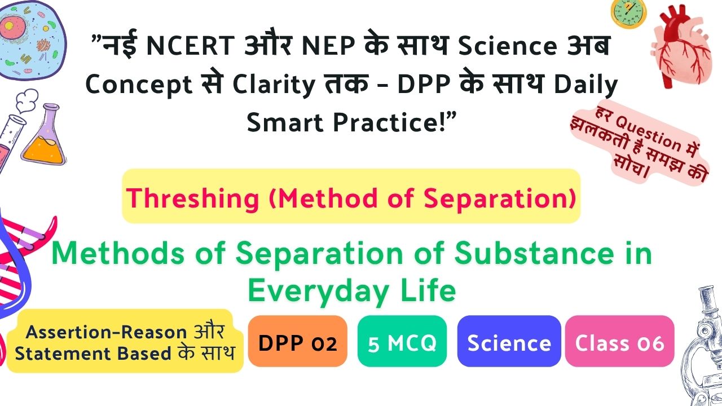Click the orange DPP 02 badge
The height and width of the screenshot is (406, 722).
[297, 341]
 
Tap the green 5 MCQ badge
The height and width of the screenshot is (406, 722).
[402, 341]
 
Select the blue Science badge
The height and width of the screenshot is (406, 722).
[509, 341]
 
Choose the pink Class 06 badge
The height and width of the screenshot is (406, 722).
[619, 341]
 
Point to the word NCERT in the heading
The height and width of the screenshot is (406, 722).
[191, 46]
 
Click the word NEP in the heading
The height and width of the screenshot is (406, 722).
[328, 46]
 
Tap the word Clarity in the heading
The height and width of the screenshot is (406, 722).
[274, 85]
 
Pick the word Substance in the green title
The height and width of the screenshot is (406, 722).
[534, 254]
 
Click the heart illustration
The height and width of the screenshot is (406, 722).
[681, 47]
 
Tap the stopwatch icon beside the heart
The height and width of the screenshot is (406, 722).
[628, 14]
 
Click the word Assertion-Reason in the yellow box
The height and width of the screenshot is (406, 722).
[107, 332]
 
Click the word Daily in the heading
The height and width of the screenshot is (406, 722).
[585, 85]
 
